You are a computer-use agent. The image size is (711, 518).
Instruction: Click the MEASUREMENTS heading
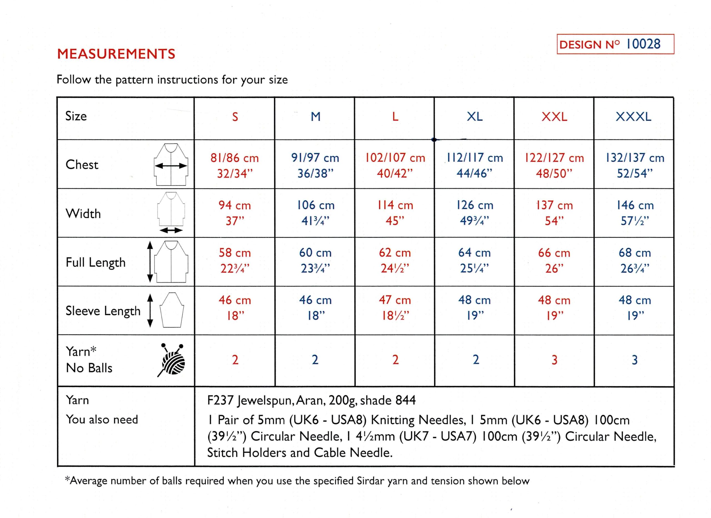click(116, 54)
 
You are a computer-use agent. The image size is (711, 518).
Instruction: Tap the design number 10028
click(643, 44)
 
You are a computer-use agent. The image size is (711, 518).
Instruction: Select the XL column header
click(474, 117)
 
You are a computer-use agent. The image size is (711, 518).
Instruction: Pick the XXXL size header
click(633, 117)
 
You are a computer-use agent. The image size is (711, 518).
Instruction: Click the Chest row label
click(82, 165)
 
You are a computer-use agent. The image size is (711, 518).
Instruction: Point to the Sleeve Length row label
click(103, 311)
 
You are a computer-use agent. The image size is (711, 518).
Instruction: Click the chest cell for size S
click(234, 165)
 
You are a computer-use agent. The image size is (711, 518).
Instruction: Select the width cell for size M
click(316, 213)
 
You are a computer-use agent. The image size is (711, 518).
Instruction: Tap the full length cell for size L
click(395, 261)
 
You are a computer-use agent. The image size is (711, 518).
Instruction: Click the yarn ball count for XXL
click(554, 360)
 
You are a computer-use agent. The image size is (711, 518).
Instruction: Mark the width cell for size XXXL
click(635, 213)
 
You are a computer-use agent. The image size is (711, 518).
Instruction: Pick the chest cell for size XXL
click(554, 165)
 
